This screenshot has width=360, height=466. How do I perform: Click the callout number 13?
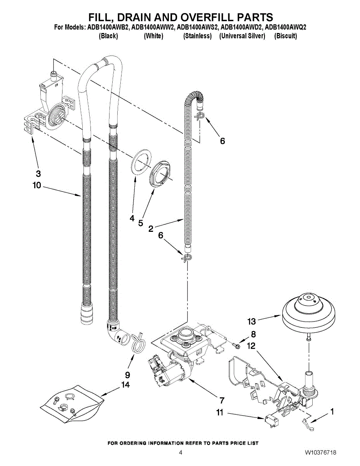tap(252, 321)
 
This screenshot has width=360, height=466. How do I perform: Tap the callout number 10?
tap(37, 185)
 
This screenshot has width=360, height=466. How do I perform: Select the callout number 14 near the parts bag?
tap(125, 385)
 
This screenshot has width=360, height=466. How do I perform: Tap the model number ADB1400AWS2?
tap(198, 28)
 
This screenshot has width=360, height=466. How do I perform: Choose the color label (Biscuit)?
tap(285, 36)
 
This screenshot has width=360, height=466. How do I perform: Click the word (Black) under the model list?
tap(108, 36)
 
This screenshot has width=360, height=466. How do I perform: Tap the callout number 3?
tap(38, 174)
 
